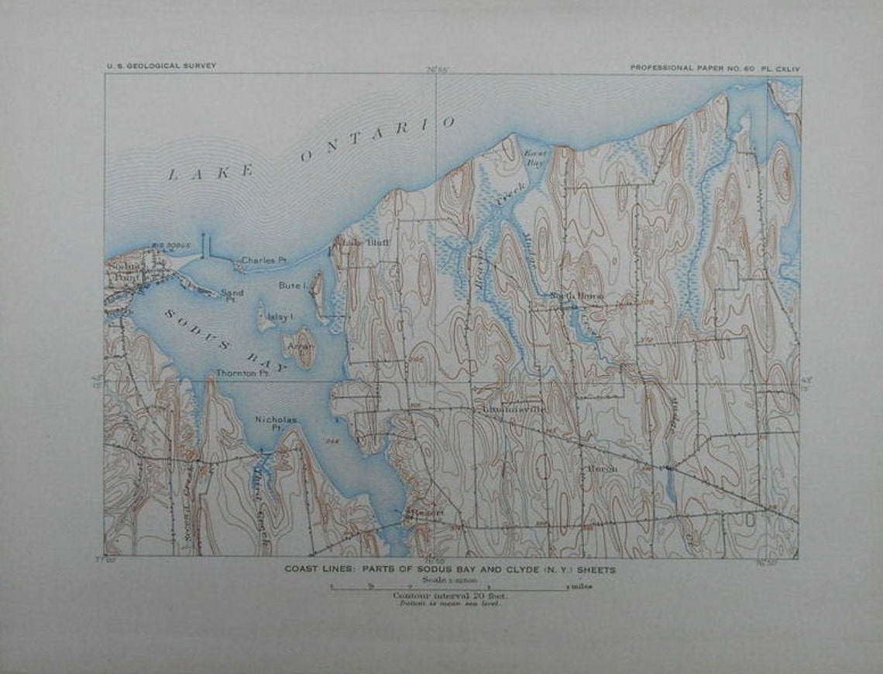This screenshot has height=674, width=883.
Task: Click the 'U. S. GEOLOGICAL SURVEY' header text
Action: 161,67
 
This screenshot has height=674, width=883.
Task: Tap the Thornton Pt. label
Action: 242,372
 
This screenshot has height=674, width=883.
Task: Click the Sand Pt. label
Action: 232,295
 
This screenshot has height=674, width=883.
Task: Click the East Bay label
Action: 535,158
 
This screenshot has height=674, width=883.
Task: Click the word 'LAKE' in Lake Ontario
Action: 211,173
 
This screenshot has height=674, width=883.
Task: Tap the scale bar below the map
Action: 448,587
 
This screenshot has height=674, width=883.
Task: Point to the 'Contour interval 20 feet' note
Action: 447,595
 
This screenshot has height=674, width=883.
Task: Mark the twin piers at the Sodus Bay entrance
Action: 206,245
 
